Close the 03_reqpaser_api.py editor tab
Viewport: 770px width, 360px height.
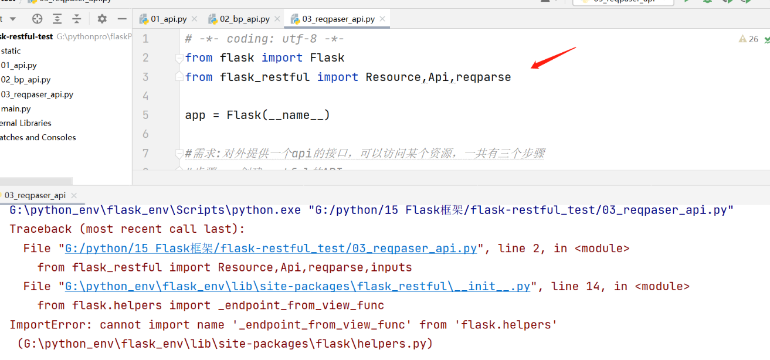pos(382,19)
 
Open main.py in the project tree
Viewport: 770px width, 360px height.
pos(16,108)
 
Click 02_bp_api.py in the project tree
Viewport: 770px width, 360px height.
pos(26,80)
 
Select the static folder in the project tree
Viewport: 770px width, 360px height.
pos(11,51)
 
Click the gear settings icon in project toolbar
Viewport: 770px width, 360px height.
pos(102,19)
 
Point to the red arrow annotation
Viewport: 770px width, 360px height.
pos(554,58)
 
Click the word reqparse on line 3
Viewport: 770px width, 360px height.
pos(483,77)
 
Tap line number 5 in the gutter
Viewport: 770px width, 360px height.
pos(145,115)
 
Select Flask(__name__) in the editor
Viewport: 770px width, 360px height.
pos(278,115)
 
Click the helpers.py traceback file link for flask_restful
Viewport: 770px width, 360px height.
pos(297,286)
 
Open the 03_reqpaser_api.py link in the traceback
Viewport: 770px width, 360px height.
pos(270,248)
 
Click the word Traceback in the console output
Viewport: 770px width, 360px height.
pos(40,229)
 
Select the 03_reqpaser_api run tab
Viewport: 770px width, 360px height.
pos(35,195)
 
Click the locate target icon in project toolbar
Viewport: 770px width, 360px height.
pos(37,19)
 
